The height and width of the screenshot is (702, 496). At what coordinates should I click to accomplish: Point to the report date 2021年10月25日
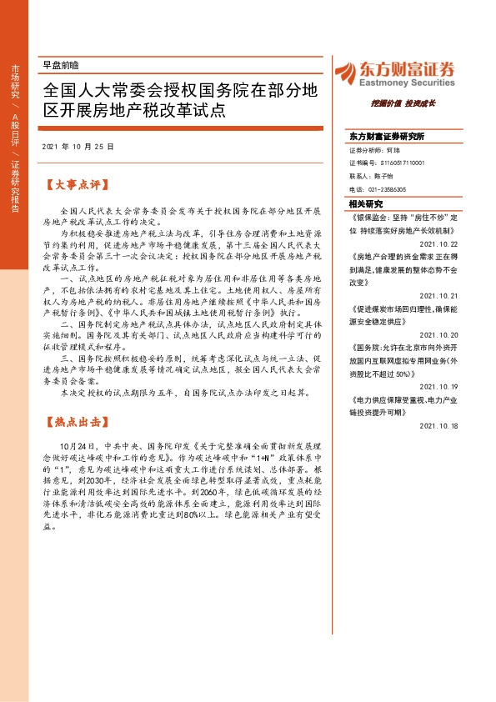(x=77, y=146)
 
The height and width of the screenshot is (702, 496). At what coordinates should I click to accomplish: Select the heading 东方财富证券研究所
(x=387, y=136)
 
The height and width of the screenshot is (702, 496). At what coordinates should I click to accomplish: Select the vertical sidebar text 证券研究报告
(x=14, y=188)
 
